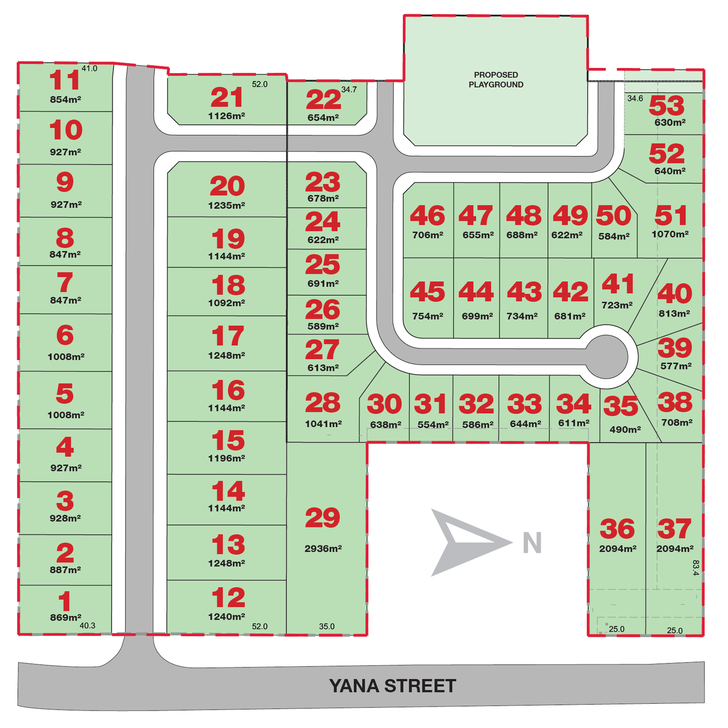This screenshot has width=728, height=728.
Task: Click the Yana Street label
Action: point(392,686)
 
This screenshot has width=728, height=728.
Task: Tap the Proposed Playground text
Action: point(496,80)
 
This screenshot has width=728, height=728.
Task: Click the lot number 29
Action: point(323,518)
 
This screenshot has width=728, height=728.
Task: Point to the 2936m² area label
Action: point(323,548)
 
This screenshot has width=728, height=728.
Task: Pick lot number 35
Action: point(620,407)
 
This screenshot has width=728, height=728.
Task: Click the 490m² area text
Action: point(625,430)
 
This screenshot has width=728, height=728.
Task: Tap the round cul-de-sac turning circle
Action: point(606,357)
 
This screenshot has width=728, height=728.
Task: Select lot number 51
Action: point(671,215)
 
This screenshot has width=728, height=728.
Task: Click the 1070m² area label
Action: point(670,234)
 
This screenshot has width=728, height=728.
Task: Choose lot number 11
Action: point(65,81)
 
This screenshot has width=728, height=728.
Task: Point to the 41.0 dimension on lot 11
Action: point(89,68)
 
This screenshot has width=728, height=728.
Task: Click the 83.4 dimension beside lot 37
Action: point(695,568)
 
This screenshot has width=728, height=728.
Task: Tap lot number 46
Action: point(427,216)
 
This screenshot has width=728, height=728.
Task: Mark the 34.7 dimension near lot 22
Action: point(349,89)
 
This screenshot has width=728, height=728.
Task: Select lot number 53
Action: point(666,105)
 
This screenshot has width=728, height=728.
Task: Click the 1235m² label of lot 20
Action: point(226,205)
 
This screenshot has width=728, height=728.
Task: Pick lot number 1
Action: point(65,601)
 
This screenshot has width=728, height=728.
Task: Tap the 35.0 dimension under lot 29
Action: point(327,627)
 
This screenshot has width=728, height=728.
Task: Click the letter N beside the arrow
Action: point(532,543)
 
